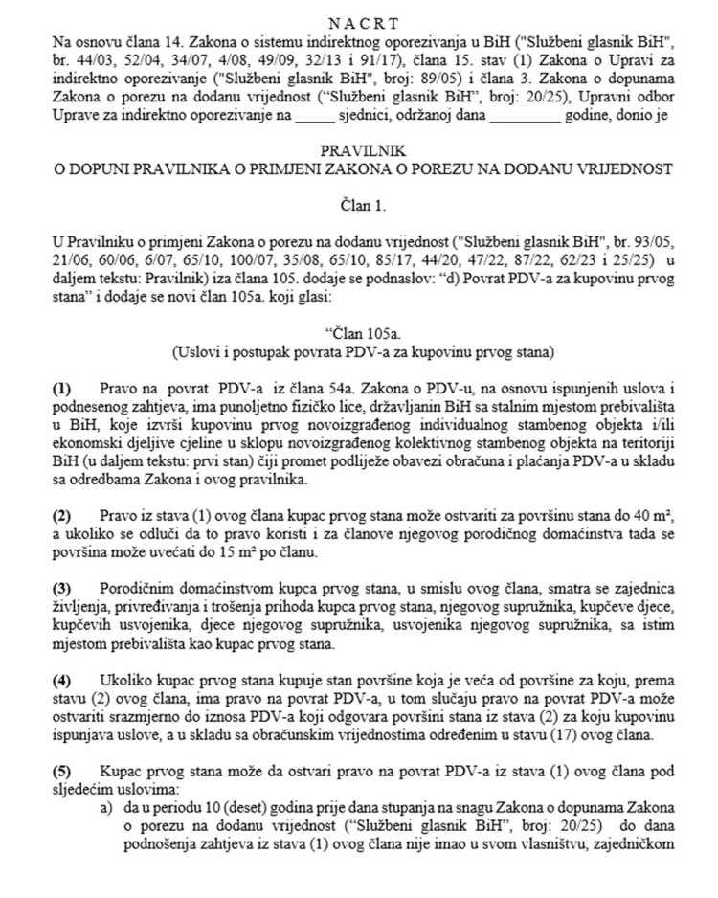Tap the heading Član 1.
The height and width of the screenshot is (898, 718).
(x=361, y=204)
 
